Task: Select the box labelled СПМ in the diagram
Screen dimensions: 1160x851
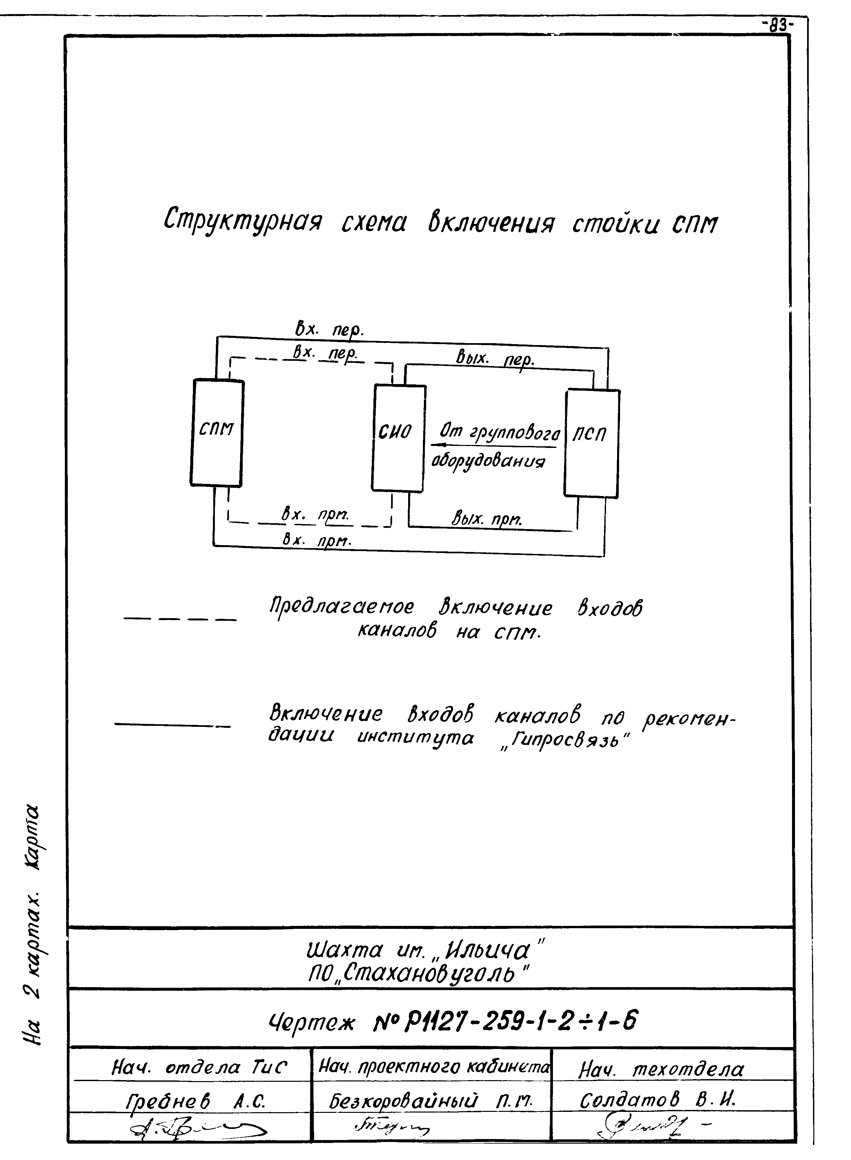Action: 217,433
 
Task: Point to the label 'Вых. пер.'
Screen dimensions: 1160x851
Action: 495,357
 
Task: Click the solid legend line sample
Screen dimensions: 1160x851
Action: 173,725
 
